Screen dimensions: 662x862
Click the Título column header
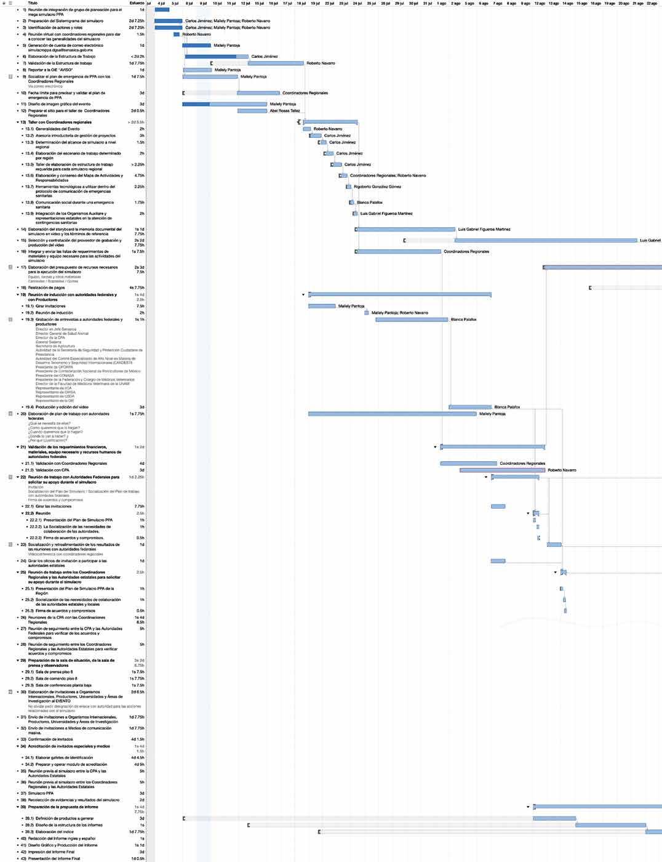tap(33, 3)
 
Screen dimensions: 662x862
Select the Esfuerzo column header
tap(137, 3)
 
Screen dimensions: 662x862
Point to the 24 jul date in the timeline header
tap(357, 3)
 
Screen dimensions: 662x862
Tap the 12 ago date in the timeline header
tap(540, 3)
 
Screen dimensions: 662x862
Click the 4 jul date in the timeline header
tap(161, 3)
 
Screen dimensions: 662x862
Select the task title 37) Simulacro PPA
tap(41, 793)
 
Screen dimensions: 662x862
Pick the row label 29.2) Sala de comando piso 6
tap(56, 678)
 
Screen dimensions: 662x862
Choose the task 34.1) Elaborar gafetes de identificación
tap(64, 757)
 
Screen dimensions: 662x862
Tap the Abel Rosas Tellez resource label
tap(285, 111)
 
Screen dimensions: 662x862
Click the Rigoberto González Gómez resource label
tap(377, 187)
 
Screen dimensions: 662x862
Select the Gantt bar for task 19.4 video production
tap(470, 407)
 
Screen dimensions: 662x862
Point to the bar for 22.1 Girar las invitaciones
tap(498, 507)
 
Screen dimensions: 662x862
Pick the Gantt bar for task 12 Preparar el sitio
tap(252, 111)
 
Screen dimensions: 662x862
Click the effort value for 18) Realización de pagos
tap(137, 288)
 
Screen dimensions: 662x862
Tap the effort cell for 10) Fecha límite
tap(142, 93)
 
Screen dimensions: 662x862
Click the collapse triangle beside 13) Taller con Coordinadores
tap(18, 123)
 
